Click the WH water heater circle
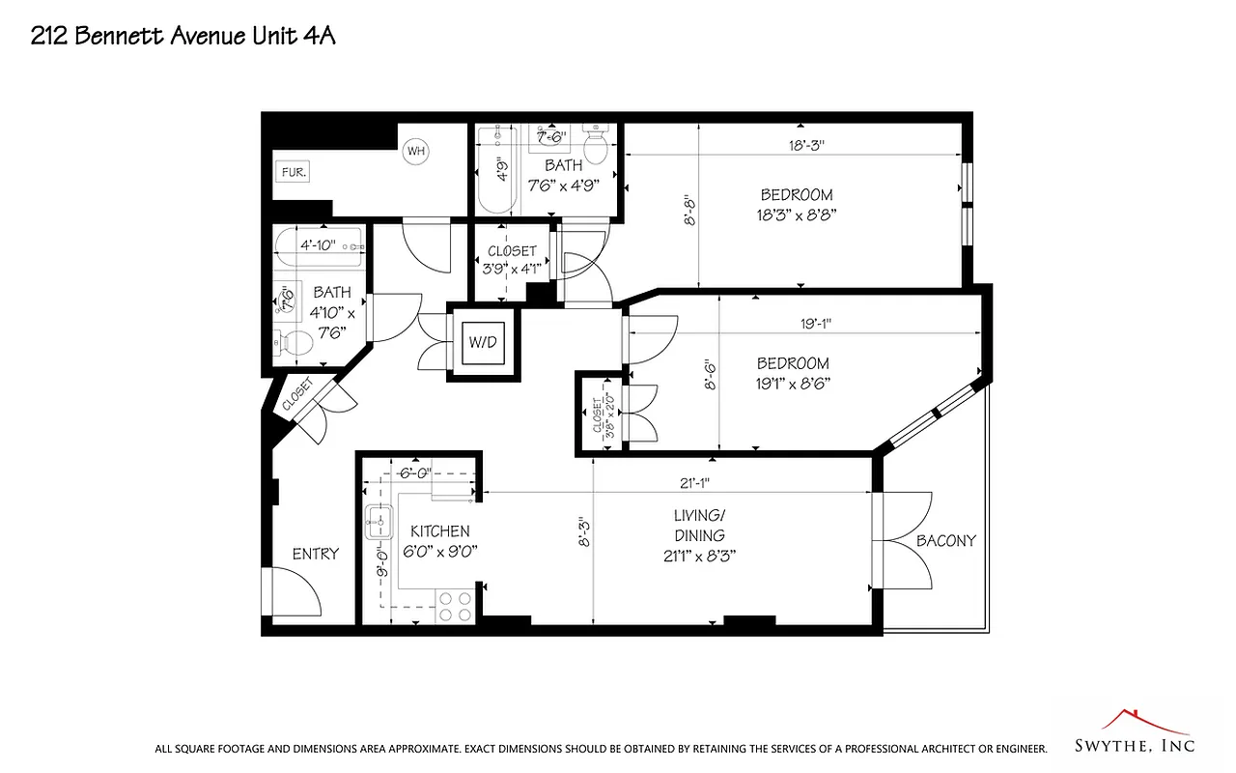pos(415,151)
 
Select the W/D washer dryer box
pos(482,342)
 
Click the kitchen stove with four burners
pos(456,606)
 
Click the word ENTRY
pos(316,554)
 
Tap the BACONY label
pos(945,541)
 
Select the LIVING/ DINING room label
pos(700,535)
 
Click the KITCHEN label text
pos(440,531)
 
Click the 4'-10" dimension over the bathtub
pos(318,245)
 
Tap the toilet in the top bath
pos(596,147)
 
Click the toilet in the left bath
pos(295,340)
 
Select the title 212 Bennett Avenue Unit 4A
pos(183,37)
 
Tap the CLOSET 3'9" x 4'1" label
pos(511,260)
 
